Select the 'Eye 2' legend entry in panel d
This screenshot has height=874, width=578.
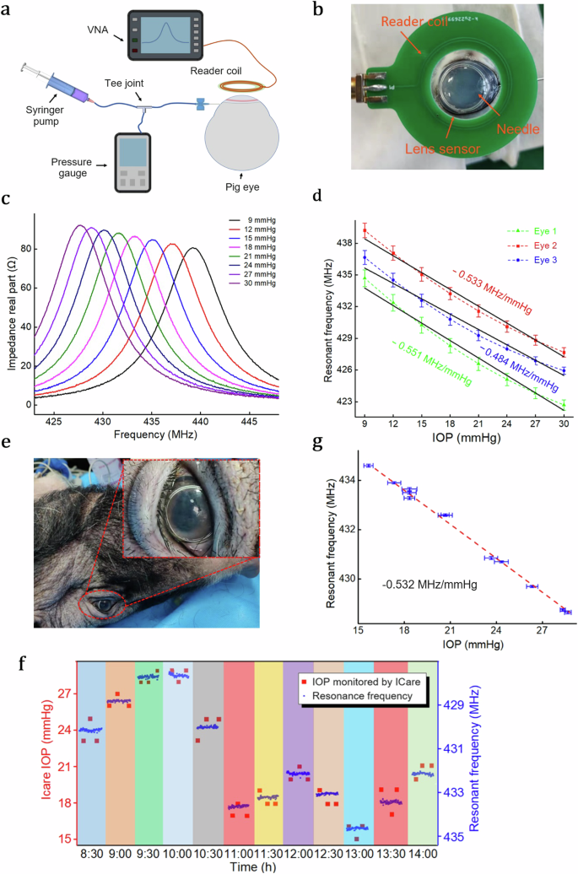click(531, 244)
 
